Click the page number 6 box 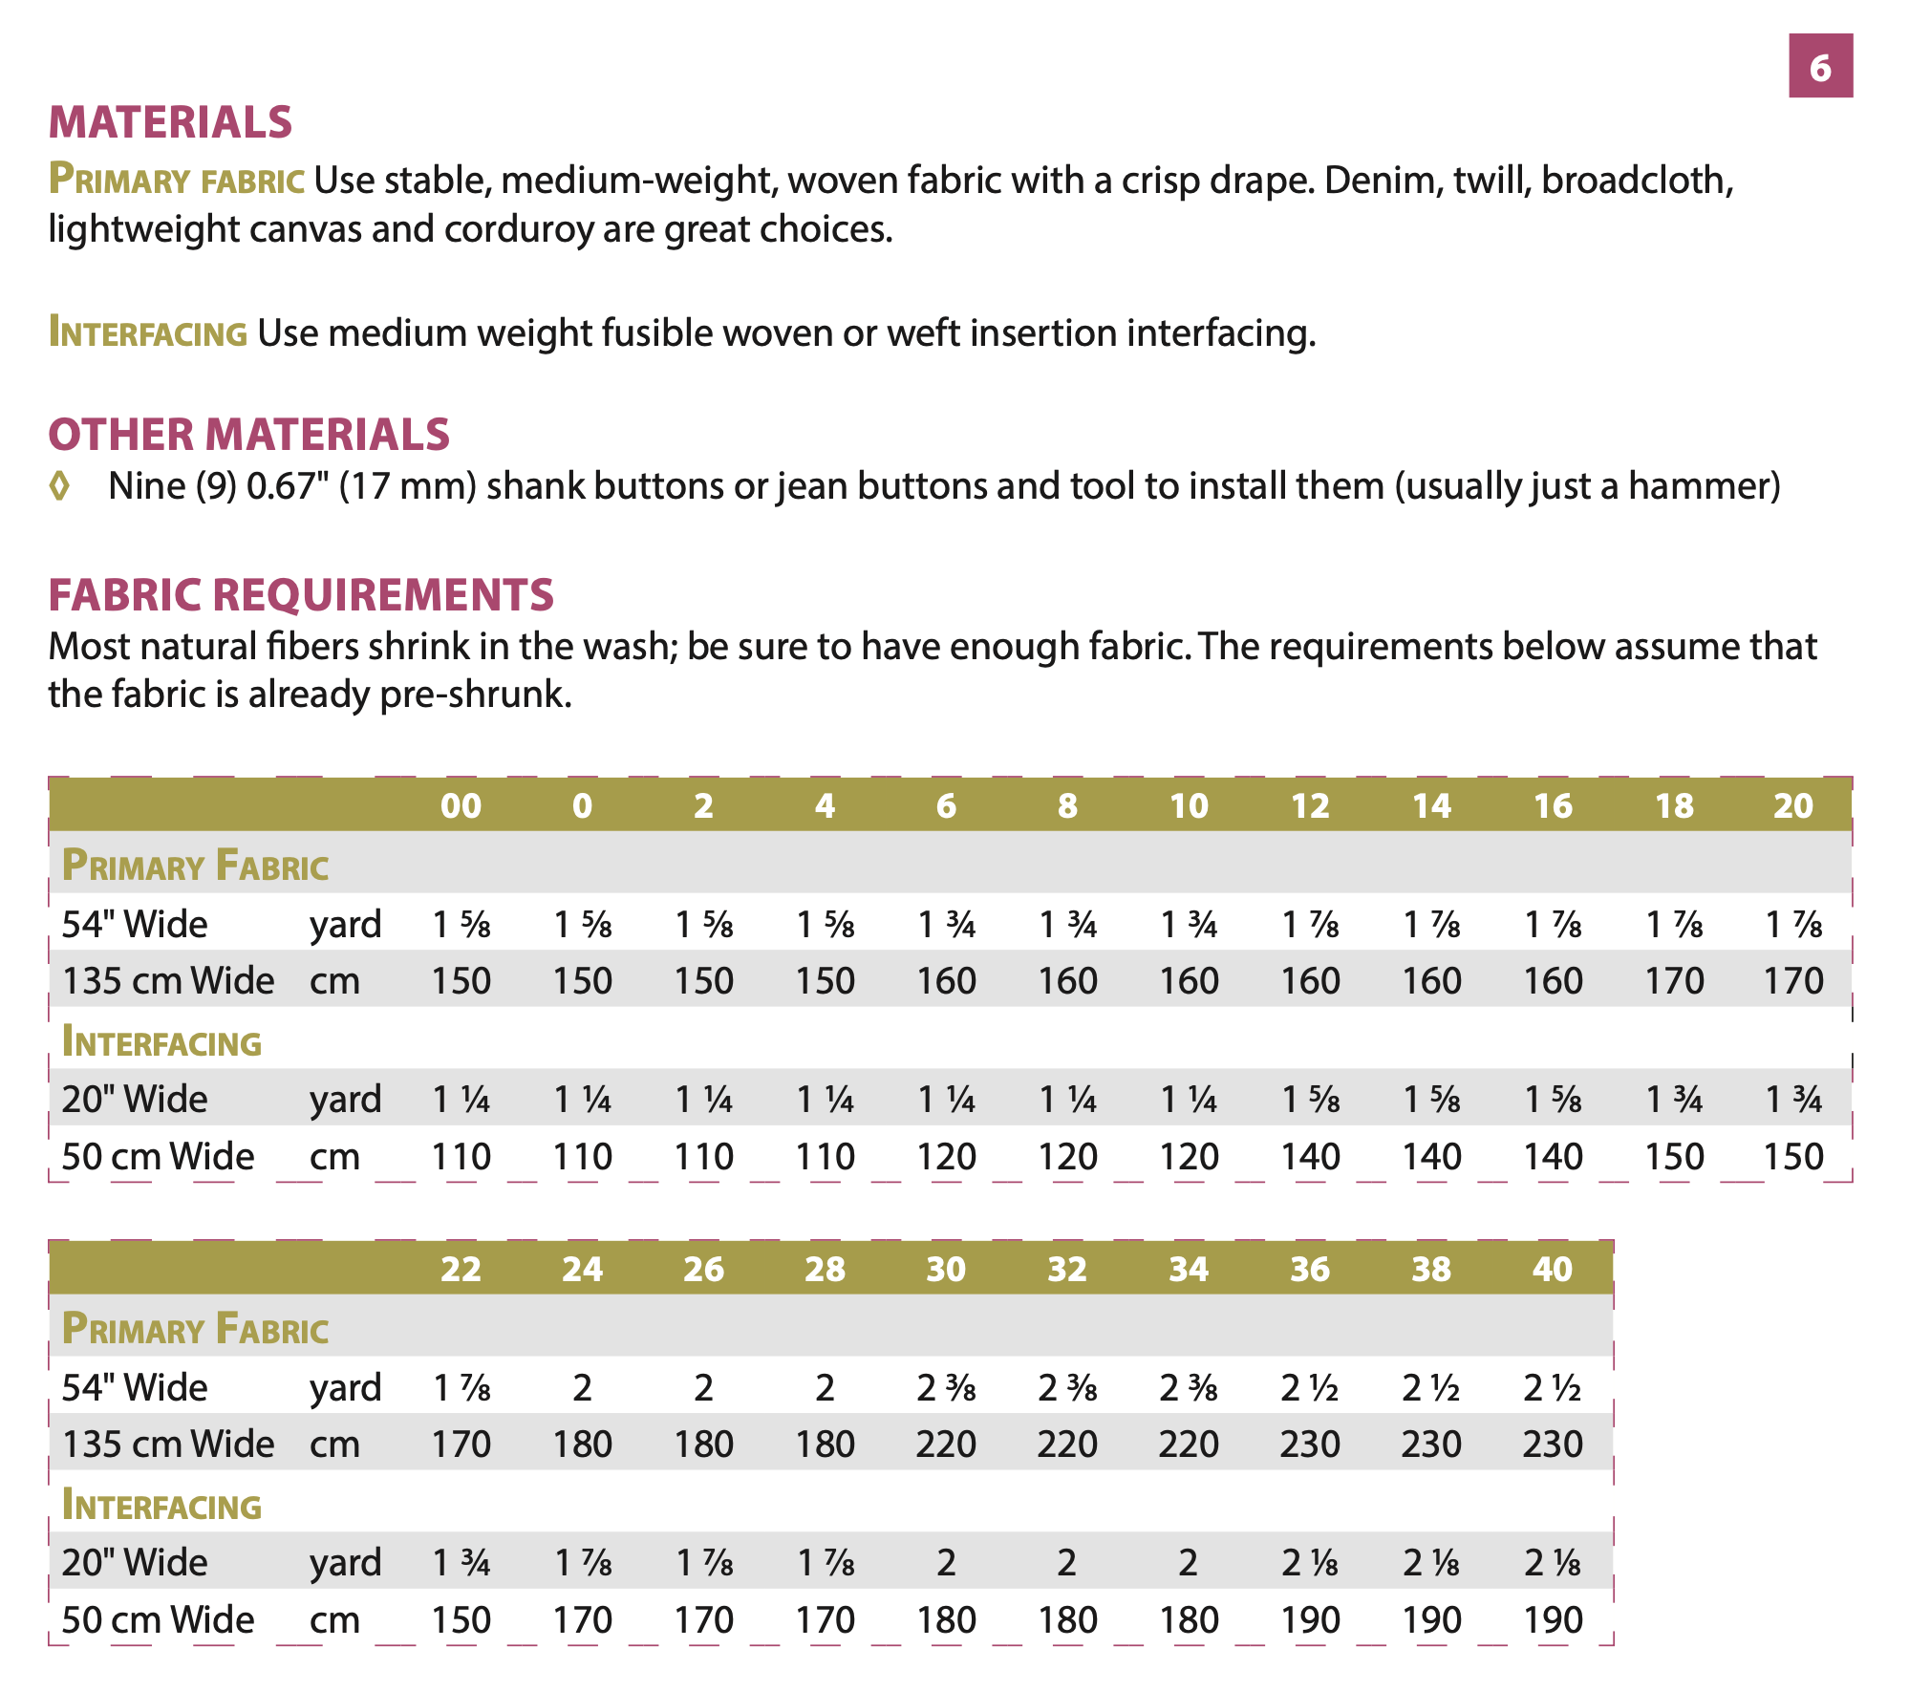coord(1820,66)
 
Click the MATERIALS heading coord(170,122)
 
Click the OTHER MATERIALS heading coord(248,435)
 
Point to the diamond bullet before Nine coord(59,486)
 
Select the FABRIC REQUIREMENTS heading coord(301,594)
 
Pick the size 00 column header coord(461,805)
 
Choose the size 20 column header coord(1792,805)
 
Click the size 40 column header coord(1552,1269)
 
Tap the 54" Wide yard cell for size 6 coord(946,924)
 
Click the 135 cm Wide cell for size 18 coord(1674,981)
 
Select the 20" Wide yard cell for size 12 coord(1310,1100)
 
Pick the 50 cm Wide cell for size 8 coord(1067,1157)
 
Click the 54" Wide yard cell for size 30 coord(946,1387)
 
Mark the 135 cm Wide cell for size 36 coord(1310,1444)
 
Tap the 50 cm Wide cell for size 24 coord(582,1620)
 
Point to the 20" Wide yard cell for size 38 coord(1431,1563)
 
